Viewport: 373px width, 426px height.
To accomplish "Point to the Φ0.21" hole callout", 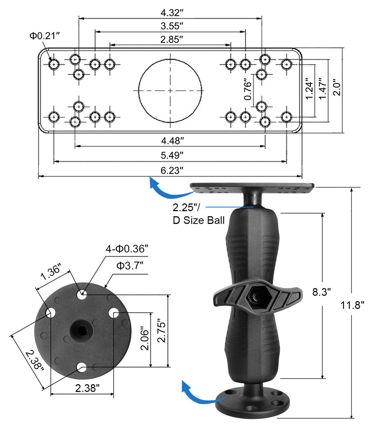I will pos(44,36).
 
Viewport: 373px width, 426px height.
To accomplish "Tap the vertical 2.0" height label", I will pos(337,88).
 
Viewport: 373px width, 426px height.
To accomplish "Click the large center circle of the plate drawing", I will pos(170,90).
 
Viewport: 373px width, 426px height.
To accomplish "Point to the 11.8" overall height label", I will pos(353,305).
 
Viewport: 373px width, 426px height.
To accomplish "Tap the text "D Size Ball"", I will pos(199,220).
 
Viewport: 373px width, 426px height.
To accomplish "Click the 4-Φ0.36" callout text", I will pos(127,249).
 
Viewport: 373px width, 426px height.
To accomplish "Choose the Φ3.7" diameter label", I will pos(130,266).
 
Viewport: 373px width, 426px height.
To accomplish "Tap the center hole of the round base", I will pos(82,330).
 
